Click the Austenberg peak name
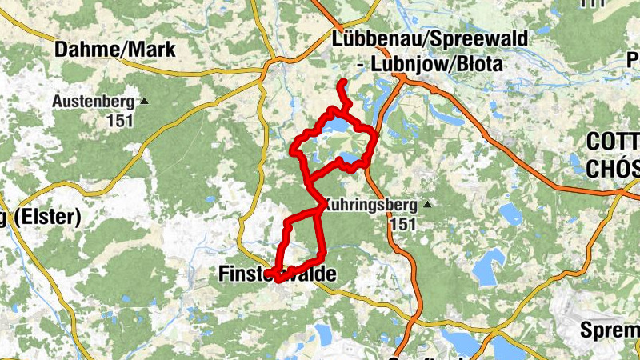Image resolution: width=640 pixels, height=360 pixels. pos(94,102)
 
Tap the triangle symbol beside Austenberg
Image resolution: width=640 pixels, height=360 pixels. pos(144,102)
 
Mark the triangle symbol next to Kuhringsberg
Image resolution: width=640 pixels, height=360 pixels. pos(427,205)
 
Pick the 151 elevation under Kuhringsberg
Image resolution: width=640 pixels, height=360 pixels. pos(404,224)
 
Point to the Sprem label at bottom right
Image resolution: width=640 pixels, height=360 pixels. pos(612,330)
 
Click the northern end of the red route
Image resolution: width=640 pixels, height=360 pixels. pos(342,83)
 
